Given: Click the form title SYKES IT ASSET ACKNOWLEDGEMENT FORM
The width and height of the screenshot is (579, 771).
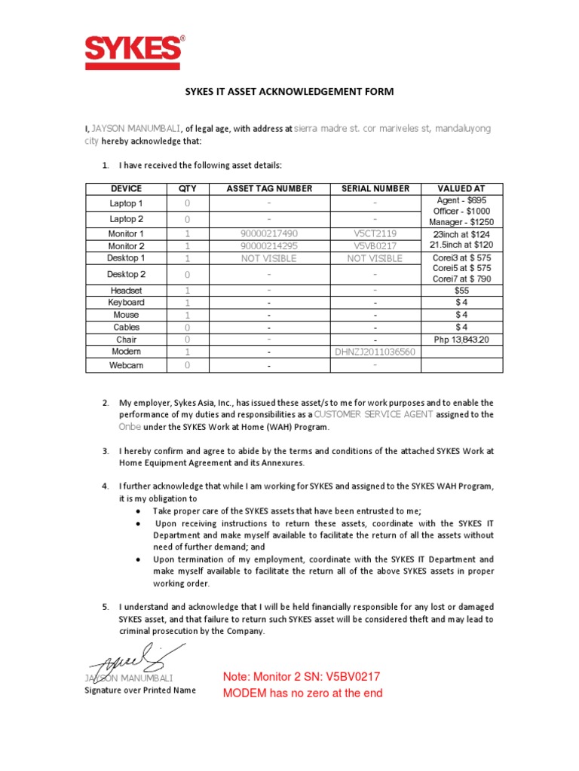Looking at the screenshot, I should [x=289, y=92].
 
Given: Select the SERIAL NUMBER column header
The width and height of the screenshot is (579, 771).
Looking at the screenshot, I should [x=375, y=189].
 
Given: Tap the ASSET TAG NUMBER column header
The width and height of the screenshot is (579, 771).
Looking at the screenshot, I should [x=269, y=189].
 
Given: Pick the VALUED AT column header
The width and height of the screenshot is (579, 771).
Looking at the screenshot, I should [x=461, y=189].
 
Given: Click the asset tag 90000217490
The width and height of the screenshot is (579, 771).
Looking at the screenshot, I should [x=269, y=234].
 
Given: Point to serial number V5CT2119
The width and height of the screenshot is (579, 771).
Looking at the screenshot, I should [x=375, y=234].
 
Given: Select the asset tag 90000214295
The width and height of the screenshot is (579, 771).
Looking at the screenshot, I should [x=269, y=246].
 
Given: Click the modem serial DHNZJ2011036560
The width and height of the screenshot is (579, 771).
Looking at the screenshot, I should [x=375, y=352].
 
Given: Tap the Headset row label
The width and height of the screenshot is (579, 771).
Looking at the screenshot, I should [x=127, y=290].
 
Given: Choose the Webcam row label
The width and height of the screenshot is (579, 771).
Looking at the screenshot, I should [x=127, y=365].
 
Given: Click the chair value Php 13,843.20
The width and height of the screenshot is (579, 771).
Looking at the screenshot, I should [x=461, y=340].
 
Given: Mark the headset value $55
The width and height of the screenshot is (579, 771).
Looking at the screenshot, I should [x=461, y=290].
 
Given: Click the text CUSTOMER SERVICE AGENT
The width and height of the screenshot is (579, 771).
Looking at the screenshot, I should [x=373, y=414].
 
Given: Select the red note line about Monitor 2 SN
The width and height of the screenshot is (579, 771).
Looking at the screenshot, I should [x=302, y=678].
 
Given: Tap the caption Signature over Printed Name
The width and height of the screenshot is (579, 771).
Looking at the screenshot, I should [x=139, y=690].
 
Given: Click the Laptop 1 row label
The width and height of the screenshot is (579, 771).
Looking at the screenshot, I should [x=127, y=203].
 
